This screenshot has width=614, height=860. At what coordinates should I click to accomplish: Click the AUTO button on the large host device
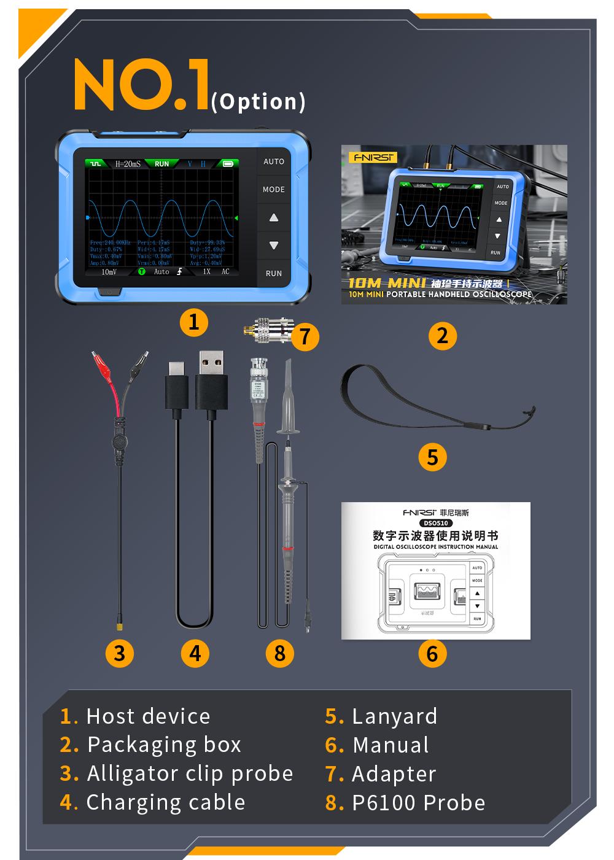pyautogui.click(x=273, y=161)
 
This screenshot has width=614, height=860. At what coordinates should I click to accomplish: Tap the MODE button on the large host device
pyautogui.click(x=273, y=190)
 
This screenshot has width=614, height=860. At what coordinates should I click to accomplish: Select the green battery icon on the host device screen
pyautogui.click(x=228, y=164)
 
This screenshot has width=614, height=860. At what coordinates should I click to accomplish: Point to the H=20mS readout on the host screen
pyautogui.click(x=128, y=164)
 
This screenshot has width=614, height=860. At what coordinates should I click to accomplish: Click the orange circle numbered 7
pyautogui.click(x=305, y=336)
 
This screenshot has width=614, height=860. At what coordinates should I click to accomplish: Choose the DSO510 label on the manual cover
pyautogui.click(x=435, y=523)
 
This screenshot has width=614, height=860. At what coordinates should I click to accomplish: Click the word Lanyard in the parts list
pyautogui.click(x=394, y=716)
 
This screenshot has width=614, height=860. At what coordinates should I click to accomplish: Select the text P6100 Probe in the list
pyautogui.click(x=418, y=803)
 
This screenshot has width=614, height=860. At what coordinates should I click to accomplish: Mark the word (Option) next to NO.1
pyautogui.click(x=258, y=101)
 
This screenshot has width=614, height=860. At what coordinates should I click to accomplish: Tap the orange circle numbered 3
pyautogui.click(x=120, y=653)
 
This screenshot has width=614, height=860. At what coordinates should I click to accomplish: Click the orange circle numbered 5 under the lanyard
pyautogui.click(x=432, y=457)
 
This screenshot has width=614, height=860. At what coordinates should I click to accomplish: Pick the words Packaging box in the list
pyautogui.click(x=164, y=745)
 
